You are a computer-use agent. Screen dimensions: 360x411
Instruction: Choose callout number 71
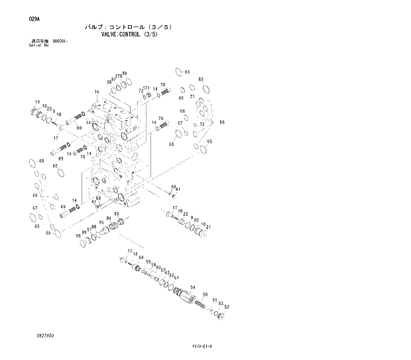192,97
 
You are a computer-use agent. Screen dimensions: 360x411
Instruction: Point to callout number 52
227,307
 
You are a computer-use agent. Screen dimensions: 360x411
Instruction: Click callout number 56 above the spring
206,294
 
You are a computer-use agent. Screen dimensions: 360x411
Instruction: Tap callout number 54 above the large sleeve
192,287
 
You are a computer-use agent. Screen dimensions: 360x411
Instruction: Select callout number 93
116,213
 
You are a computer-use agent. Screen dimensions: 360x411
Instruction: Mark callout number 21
208,227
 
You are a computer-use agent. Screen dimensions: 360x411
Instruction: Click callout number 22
186,214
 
